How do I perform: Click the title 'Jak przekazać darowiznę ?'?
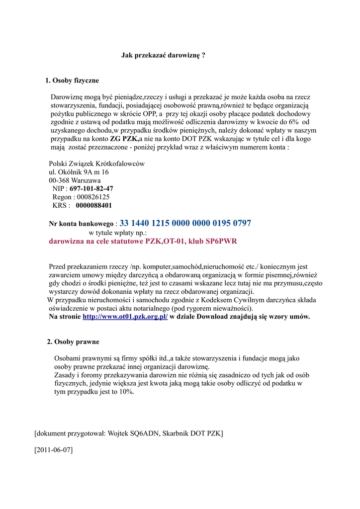(x=164, y=56)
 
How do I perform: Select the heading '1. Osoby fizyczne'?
(x=72, y=80)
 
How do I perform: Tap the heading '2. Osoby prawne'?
(x=73, y=342)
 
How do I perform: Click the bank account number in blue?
(x=185, y=223)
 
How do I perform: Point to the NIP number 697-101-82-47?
(x=91, y=189)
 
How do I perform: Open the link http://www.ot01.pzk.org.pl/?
(x=125, y=317)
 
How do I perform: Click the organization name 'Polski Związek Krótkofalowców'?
(x=97, y=164)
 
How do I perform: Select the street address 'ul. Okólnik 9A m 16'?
(x=79, y=172)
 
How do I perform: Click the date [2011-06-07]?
(x=54, y=450)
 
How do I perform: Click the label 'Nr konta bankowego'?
(x=82, y=224)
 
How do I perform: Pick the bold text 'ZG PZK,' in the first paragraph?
(x=124, y=139)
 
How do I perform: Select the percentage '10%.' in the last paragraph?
(x=126, y=392)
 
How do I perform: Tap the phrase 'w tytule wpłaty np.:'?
(x=118, y=233)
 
